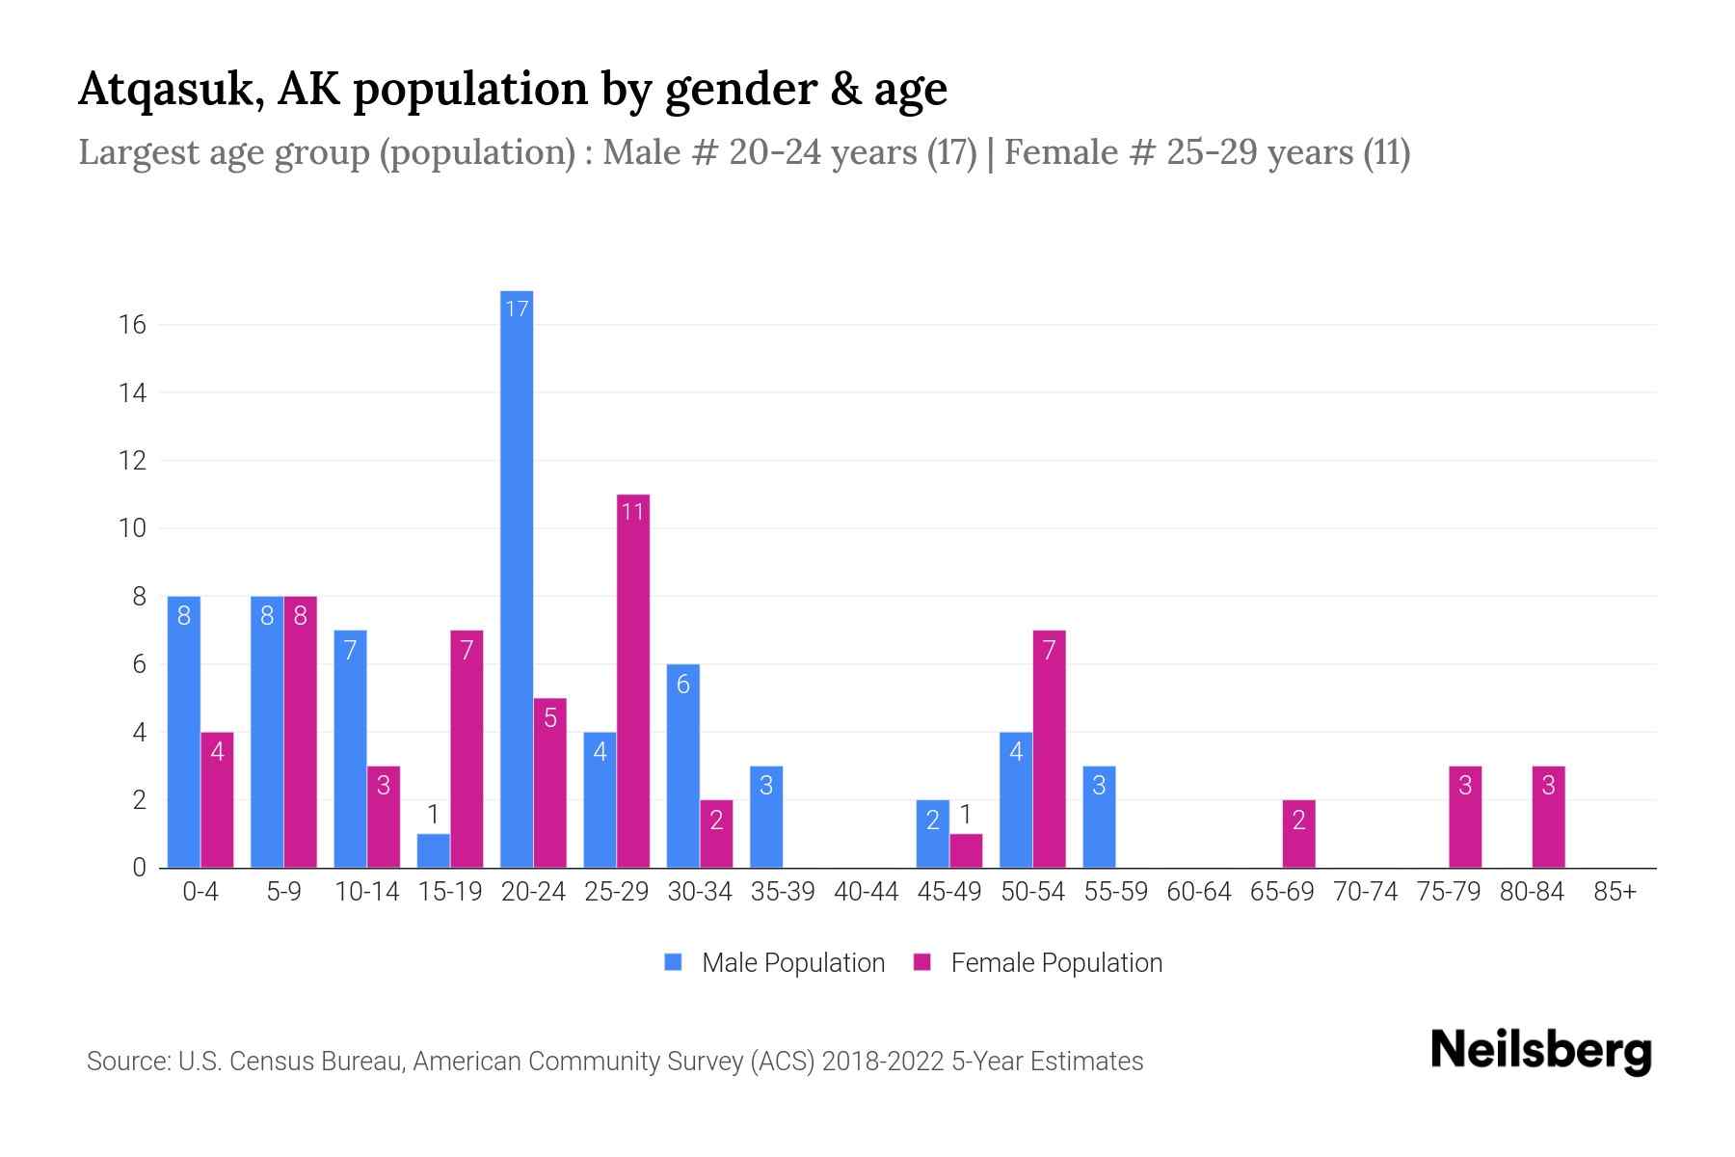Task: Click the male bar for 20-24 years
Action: [x=517, y=578]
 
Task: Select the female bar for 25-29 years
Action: [x=632, y=681]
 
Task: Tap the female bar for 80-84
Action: [x=1548, y=817]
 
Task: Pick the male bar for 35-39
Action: [x=766, y=817]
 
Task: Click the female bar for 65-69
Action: [x=1298, y=834]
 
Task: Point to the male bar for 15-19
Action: [x=434, y=850]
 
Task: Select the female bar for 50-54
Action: [x=1049, y=749]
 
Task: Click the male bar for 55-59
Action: [x=1099, y=817]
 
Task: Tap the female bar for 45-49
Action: [x=966, y=850]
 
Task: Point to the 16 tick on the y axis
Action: [x=132, y=325]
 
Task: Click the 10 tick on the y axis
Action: [x=132, y=528]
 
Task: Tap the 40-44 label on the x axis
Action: [x=866, y=892]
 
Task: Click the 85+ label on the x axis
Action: [x=1615, y=892]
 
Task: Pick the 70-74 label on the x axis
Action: [x=1365, y=892]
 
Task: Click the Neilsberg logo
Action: [x=1540, y=1050]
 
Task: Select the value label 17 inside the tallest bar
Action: [x=517, y=309]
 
